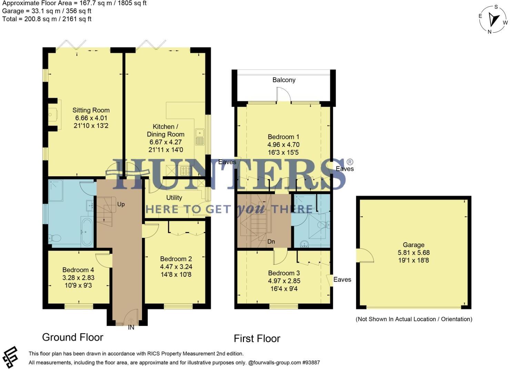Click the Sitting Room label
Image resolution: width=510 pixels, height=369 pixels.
(x=91, y=110)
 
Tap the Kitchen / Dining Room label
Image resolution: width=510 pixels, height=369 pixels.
(x=166, y=130)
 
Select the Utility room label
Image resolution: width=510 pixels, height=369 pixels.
(x=174, y=198)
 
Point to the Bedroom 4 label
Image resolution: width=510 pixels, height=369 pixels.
(x=78, y=270)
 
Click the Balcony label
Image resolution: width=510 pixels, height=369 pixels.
(x=284, y=80)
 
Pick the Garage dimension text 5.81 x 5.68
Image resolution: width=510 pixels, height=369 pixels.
(x=414, y=253)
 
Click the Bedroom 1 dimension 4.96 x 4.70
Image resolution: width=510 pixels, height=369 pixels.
(x=283, y=145)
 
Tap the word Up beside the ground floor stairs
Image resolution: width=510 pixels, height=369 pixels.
(x=121, y=204)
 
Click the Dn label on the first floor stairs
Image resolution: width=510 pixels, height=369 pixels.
(x=271, y=242)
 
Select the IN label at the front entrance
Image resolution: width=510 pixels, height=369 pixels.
(x=131, y=328)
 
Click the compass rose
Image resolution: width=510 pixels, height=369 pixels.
(x=493, y=20)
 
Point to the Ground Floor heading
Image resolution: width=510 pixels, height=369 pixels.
(x=73, y=337)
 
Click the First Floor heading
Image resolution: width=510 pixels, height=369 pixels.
(x=257, y=339)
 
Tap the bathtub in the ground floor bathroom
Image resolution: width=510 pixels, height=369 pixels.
(x=87, y=231)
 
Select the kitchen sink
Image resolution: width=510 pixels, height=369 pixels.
(x=200, y=137)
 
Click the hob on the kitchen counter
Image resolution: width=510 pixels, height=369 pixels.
(x=186, y=170)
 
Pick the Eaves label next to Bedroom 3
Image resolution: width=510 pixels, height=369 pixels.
(x=342, y=280)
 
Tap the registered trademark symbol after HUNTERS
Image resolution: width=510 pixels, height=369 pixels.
(x=349, y=162)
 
